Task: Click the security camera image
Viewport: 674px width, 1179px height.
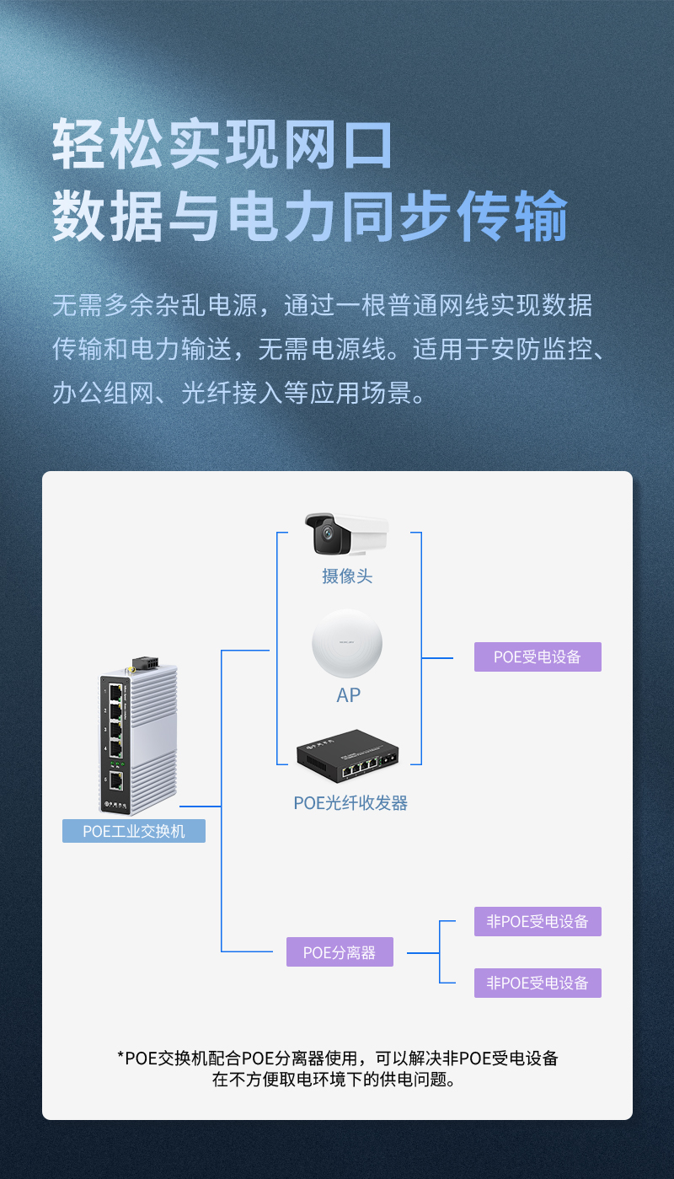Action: coord(346,534)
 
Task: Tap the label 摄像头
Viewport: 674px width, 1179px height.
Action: coord(346,576)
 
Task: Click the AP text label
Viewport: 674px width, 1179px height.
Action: coord(347,695)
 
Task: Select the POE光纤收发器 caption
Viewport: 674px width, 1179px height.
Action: coord(350,803)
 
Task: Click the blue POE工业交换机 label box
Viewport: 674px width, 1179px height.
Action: coord(134,831)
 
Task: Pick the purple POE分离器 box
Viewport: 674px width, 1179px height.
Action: coord(340,952)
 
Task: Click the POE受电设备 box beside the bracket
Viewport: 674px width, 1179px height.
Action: coord(538,656)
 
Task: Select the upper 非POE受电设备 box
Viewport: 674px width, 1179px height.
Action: coord(538,921)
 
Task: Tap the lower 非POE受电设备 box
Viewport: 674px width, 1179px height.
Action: coord(538,983)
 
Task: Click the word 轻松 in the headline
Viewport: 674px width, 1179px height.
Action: coord(110,145)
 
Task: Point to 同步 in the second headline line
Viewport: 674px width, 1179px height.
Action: coord(396,217)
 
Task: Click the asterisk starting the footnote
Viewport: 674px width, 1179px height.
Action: coord(120,1058)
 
